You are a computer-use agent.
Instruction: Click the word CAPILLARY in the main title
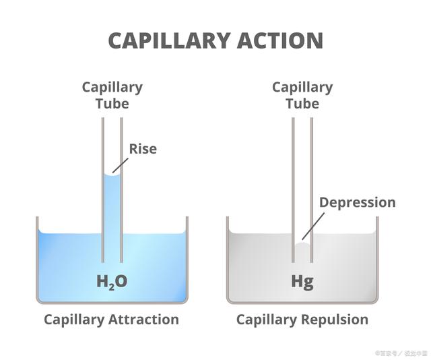click(x=166, y=40)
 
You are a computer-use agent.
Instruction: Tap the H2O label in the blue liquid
click(x=112, y=281)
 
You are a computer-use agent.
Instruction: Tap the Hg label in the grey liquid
click(x=302, y=280)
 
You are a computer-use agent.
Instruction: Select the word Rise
click(x=143, y=148)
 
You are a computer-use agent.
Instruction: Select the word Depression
click(x=357, y=202)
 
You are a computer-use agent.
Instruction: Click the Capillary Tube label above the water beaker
click(x=112, y=95)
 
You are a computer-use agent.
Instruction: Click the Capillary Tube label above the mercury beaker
click(x=302, y=95)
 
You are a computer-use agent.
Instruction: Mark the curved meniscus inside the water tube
click(x=112, y=175)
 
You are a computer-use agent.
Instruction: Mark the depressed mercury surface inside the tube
click(x=302, y=245)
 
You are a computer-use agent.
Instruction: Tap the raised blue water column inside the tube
click(x=112, y=209)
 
